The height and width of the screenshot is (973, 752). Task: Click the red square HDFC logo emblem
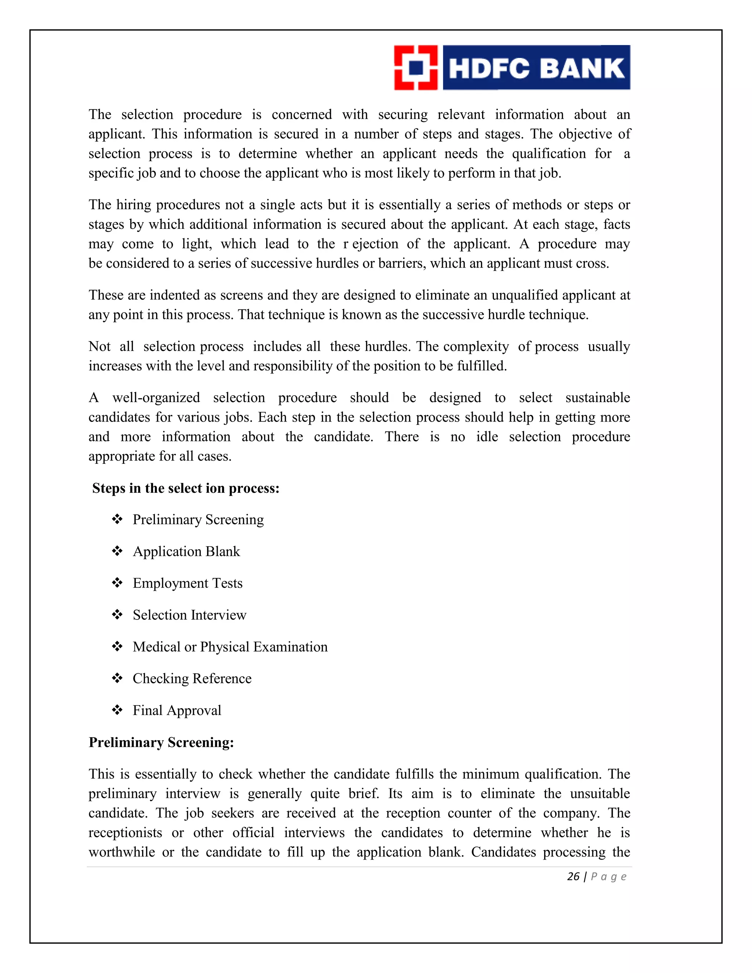(x=416, y=68)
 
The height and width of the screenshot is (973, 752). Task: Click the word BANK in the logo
(x=583, y=68)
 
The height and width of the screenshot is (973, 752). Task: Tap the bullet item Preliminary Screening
(x=198, y=520)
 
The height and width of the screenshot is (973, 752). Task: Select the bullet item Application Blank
(x=186, y=551)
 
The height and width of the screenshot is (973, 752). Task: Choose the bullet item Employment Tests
(x=188, y=583)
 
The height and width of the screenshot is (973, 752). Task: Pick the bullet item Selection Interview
(x=189, y=615)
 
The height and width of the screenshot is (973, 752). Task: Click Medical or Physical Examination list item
(x=230, y=647)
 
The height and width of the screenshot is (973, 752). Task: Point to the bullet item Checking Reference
(x=192, y=679)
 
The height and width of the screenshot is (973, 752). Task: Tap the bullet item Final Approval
(x=177, y=710)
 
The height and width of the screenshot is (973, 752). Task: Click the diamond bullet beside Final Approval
(x=117, y=709)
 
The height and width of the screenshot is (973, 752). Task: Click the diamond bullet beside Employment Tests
(x=117, y=582)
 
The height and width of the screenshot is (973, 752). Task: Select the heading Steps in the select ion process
(x=186, y=488)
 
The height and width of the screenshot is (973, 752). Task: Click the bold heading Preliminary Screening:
(x=161, y=742)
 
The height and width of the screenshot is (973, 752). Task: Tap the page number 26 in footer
(x=573, y=877)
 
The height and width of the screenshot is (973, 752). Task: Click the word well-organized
(x=156, y=397)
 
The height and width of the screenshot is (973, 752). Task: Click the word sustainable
(x=597, y=397)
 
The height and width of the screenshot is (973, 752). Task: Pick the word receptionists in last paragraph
(x=125, y=832)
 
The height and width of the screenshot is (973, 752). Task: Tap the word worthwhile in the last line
(x=122, y=852)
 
